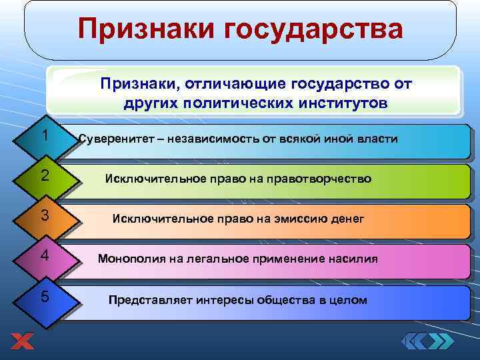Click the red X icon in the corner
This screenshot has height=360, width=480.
[21, 341]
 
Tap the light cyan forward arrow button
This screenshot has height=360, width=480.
[442, 341]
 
